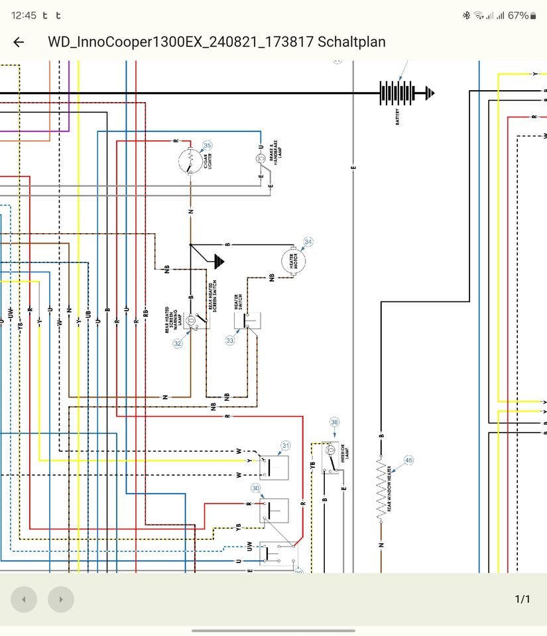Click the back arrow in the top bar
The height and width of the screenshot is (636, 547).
tap(19, 42)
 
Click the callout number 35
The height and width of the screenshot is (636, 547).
tap(208, 146)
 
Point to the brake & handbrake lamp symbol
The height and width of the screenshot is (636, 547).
tap(261, 159)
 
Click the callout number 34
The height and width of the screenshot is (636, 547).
tap(308, 242)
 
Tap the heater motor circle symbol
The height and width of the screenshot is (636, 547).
tap(292, 261)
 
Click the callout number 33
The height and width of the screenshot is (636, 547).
tap(230, 341)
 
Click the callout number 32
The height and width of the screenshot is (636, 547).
tap(178, 343)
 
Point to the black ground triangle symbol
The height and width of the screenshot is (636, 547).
tap(218, 262)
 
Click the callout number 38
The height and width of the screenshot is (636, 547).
tap(334, 422)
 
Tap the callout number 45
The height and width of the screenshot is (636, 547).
tap(408, 460)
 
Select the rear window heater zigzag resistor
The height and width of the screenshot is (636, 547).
tap(381, 489)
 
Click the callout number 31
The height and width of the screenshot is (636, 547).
tap(286, 446)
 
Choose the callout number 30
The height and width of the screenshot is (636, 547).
tap(256, 488)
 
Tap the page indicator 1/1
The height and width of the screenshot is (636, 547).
tap(522, 599)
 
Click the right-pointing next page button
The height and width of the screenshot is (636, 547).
tap(61, 600)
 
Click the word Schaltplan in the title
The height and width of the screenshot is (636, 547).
tap(351, 42)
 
